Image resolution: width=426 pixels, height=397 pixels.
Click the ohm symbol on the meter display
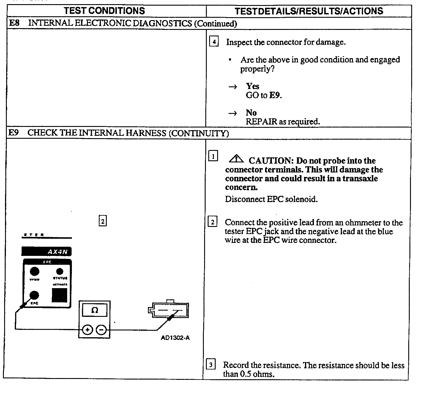click(x=95, y=310)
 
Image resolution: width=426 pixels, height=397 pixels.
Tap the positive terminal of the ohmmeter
click(x=87, y=330)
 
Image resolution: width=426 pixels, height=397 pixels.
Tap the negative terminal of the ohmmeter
click(x=101, y=330)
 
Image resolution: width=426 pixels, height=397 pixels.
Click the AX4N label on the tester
click(x=58, y=252)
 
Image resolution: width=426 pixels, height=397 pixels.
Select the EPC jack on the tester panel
click(x=34, y=295)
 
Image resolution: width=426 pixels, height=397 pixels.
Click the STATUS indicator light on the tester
click(x=60, y=271)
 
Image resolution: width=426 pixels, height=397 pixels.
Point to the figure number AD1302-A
click(x=175, y=338)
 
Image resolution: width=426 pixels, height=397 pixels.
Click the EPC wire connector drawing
click(x=169, y=311)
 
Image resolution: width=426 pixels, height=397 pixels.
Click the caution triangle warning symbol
click(x=236, y=159)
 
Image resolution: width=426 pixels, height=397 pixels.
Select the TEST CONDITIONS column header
click(x=104, y=11)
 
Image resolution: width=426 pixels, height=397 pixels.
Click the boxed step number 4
click(x=214, y=42)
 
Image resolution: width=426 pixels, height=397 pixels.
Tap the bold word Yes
click(x=253, y=86)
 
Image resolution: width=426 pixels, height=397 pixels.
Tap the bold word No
click(x=251, y=112)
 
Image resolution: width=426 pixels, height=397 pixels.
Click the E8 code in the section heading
click(x=14, y=23)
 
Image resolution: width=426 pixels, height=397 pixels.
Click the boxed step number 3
click(x=210, y=365)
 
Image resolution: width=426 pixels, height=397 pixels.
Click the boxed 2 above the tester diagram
click(x=102, y=221)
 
